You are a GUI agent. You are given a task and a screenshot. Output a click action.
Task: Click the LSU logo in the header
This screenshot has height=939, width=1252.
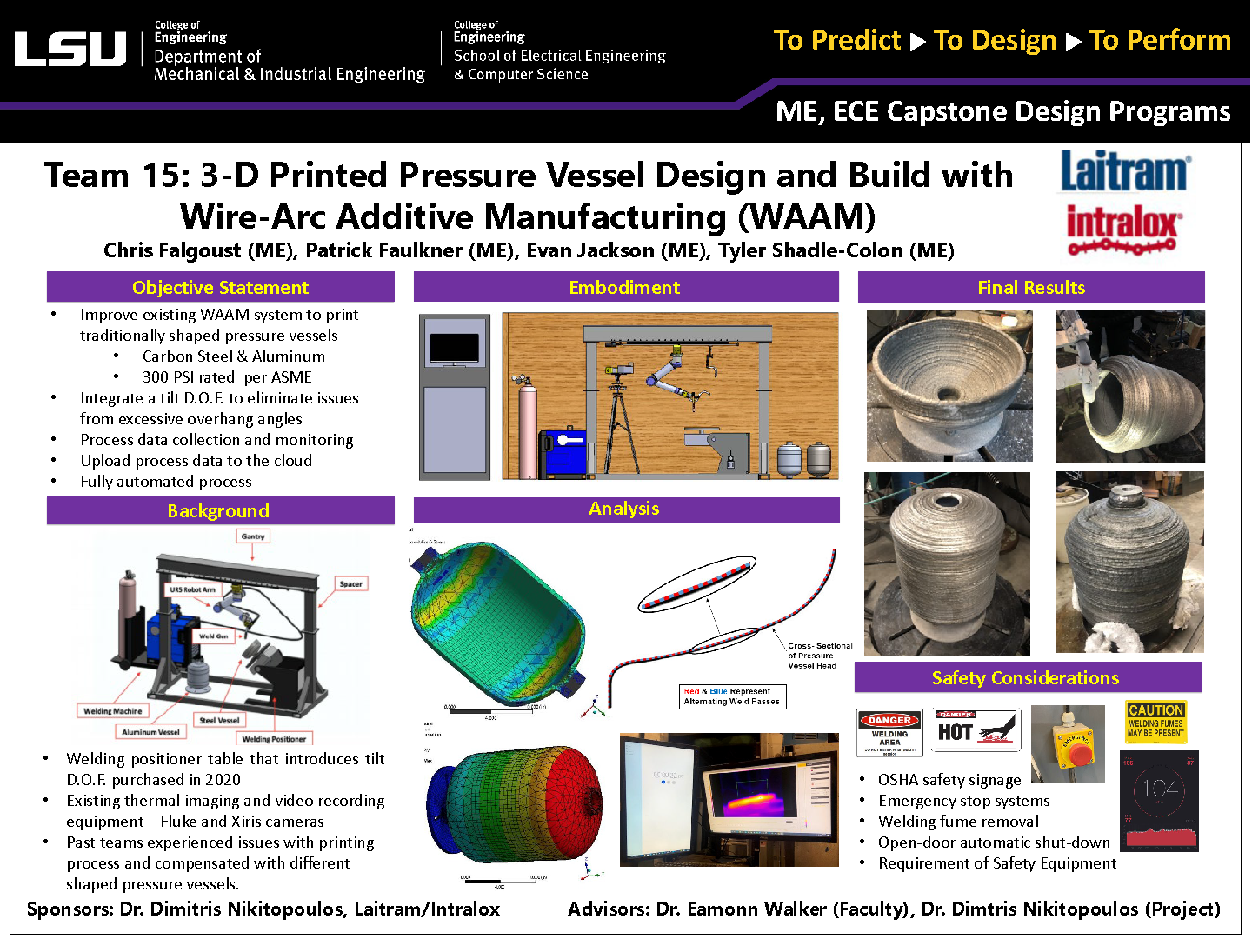[70, 49]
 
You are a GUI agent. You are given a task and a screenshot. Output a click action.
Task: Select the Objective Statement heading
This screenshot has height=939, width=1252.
[220, 287]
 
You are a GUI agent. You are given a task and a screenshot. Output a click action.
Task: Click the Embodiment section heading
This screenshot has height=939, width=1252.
[625, 287]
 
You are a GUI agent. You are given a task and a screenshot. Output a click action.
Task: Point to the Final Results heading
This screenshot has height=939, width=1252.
[1031, 287]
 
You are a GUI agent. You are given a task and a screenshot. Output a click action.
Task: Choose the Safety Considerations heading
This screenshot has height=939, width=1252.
[1026, 677]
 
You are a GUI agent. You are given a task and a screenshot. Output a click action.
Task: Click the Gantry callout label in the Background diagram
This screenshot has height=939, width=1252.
[253, 536]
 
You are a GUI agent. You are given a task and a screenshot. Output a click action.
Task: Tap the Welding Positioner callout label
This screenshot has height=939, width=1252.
[274, 739]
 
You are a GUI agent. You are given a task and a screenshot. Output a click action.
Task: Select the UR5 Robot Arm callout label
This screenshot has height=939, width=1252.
[192, 589]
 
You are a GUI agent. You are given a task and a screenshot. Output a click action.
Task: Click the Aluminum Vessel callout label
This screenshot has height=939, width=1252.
[150, 732]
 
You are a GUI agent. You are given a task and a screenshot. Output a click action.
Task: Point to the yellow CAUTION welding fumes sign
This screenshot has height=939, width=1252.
[1155, 722]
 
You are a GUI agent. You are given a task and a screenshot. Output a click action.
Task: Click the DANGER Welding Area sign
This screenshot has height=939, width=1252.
[889, 732]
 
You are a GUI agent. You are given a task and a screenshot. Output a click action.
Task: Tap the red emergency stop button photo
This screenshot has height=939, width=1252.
[1068, 743]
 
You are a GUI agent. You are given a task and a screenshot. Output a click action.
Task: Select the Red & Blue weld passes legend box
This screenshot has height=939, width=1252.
[732, 696]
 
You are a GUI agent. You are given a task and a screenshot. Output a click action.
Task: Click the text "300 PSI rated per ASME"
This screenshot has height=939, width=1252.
[227, 377]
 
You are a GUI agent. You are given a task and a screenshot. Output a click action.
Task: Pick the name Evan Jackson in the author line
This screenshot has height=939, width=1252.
[589, 250]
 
